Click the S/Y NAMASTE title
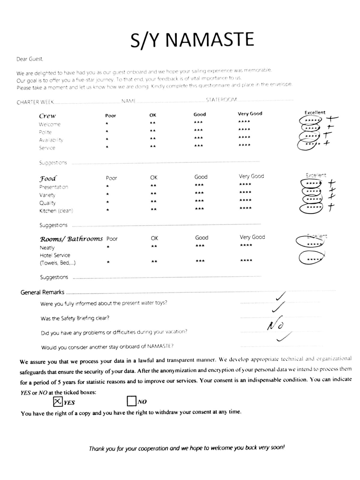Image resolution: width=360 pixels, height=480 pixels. pos(192,40)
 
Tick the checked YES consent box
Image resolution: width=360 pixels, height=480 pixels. pos(58,401)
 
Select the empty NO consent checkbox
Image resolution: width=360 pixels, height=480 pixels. pos(131,401)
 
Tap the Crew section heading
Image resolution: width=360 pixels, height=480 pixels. pos(47,116)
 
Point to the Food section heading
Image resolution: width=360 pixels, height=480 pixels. pos(48,178)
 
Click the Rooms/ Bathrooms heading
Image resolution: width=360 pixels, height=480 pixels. pos(71,239)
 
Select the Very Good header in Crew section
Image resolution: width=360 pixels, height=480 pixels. pos(250,114)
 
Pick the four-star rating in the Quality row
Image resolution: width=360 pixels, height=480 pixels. pos(245,200)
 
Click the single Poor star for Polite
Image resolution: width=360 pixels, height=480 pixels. pos(107,131)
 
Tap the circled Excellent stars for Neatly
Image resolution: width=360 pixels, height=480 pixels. pos(310,241)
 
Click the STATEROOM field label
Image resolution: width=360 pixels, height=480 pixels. pos(221,100)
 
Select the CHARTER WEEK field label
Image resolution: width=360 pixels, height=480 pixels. pos(35,102)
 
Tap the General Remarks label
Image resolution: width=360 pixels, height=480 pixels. pos(42,292)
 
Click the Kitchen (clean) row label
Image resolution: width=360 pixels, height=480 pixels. pos(56,211)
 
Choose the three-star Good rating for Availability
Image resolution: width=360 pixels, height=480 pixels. pos(198,138)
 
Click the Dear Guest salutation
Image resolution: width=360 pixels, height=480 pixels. pos(30,59)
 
